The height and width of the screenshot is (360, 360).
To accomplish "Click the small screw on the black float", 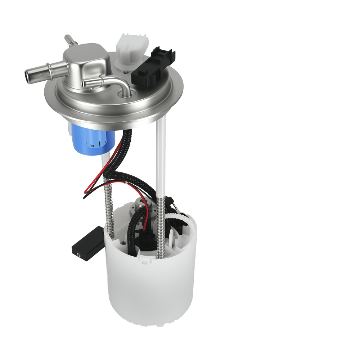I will pos(78,254).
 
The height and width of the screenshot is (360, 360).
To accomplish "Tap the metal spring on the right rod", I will pos(161,227).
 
